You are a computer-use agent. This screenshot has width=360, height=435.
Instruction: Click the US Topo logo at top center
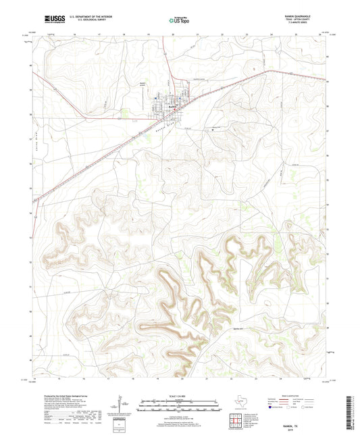(x=178, y=20)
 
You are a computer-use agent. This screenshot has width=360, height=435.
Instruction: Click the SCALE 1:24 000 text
(x=178, y=394)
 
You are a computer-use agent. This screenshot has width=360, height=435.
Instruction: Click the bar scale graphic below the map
(x=178, y=405)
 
